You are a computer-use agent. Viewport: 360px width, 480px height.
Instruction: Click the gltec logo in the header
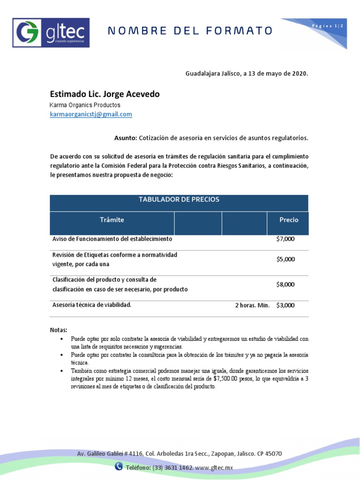click(51, 32)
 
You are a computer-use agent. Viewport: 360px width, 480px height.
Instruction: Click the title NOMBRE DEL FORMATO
click(190, 31)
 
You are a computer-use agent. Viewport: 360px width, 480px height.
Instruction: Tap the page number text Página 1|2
click(328, 26)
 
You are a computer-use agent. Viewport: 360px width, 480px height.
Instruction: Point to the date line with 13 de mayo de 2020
click(247, 74)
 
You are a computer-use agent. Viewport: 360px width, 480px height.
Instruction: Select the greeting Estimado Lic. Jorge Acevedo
click(105, 94)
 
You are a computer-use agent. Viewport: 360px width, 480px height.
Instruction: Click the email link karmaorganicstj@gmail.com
click(91, 114)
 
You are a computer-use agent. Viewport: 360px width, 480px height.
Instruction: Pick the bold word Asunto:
click(126, 138)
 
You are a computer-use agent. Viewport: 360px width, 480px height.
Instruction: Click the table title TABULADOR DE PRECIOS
click(179, 200)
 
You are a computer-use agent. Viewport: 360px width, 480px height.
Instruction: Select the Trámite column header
click(112, 219)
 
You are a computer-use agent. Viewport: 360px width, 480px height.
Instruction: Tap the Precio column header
click(288, 219)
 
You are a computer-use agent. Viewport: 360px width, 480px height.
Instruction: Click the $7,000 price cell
click(285, 239)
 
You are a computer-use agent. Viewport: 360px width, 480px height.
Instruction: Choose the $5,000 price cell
click(285, 259)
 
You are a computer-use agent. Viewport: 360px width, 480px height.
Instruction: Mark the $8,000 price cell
click(285, 285)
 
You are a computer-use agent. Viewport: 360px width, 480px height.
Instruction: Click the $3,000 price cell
click(285, 305)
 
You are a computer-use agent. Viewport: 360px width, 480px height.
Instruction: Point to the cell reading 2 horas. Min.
click(252, 305)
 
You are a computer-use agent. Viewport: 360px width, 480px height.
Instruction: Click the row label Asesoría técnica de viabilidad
click(91, 305)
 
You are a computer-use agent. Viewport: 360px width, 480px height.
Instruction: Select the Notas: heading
click(59, 330)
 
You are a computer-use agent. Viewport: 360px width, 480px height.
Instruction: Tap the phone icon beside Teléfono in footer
click(119, 466)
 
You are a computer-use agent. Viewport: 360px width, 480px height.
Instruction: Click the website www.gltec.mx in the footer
click(214, 468)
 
